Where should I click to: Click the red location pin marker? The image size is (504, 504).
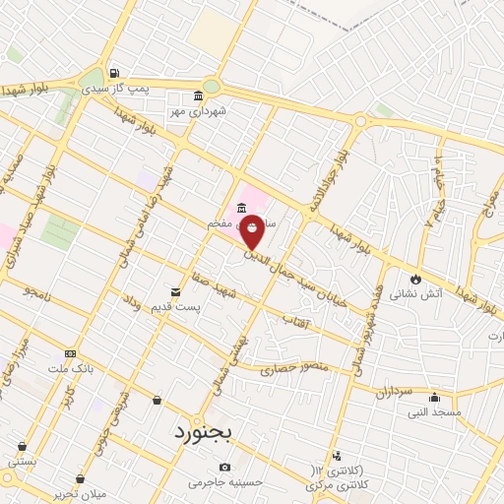coord(252,231)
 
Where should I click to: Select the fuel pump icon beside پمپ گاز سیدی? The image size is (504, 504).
coord(116,74)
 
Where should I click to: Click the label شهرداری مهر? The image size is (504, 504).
coord(198,110)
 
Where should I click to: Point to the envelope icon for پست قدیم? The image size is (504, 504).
coord(176,291)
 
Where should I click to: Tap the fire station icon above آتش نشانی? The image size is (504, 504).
coord(416,278)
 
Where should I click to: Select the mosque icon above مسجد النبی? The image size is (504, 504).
coord(434,397)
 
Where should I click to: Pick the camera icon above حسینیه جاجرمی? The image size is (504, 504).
coord(224,467)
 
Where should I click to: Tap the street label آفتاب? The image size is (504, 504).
coord(295,320)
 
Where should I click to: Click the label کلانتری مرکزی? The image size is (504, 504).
coord(326,484)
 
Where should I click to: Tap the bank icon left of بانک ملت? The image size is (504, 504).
coord(70,353)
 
